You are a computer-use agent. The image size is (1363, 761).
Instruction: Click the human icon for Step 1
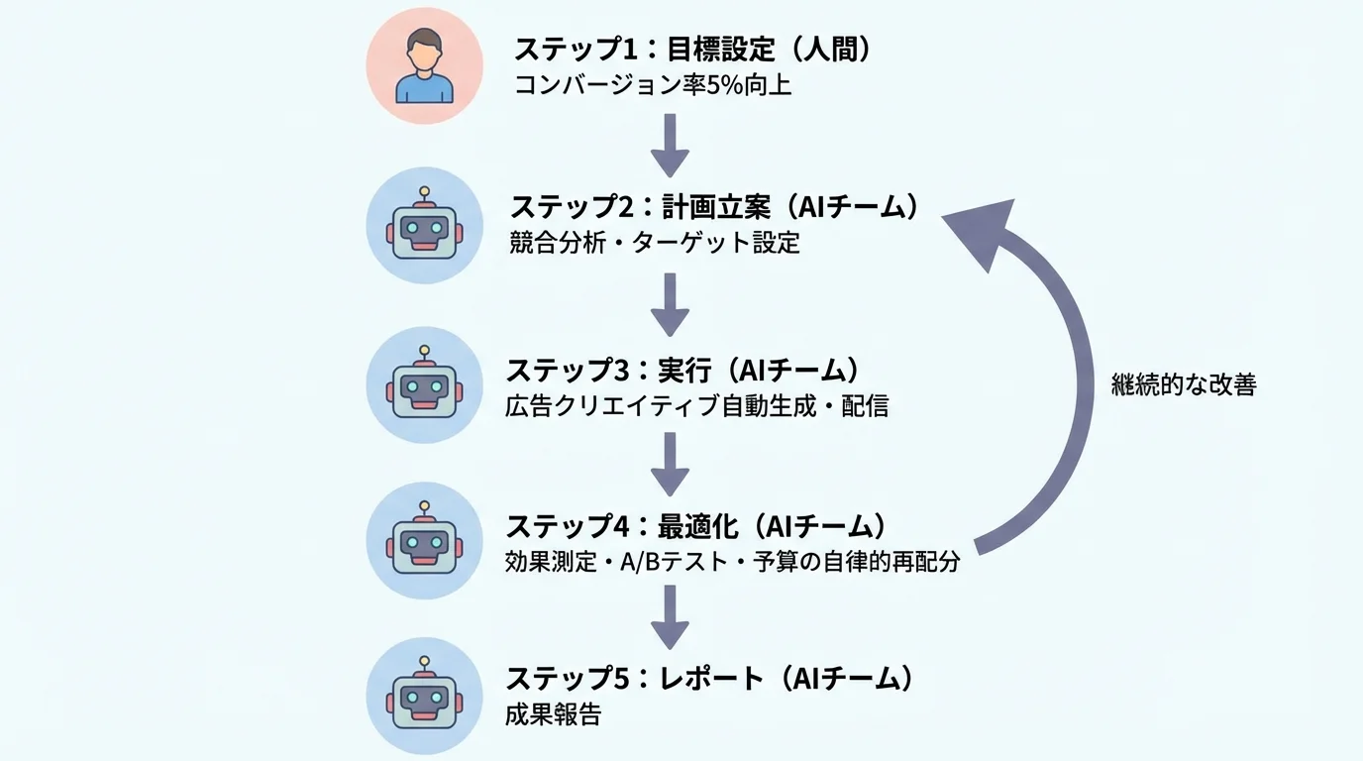tap(424, 65)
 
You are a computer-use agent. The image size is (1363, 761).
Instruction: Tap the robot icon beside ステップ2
tap(424, 226)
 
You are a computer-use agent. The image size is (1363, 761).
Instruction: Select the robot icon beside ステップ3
tap(424, 385)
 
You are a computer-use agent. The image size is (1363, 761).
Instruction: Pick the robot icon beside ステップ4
tap(424, 541)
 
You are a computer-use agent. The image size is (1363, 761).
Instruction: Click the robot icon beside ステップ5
tap(424, 696)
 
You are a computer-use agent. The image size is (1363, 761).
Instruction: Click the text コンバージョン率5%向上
tap(653, 85)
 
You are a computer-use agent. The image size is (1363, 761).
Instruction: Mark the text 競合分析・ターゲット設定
tap(654, 243)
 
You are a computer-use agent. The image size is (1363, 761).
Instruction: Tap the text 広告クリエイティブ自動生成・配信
tap(697, 405)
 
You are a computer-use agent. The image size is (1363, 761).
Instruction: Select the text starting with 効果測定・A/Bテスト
tap(733, 562)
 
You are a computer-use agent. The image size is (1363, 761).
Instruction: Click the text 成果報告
tap(553, 714)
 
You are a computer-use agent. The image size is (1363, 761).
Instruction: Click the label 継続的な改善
tap(1184, 385)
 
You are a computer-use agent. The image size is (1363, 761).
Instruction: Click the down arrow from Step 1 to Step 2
tap(671, 145)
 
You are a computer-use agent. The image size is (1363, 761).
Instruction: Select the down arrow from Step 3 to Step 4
tap(671, 464)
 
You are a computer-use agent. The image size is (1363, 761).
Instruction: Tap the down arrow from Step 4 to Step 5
tap(671, 618)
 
